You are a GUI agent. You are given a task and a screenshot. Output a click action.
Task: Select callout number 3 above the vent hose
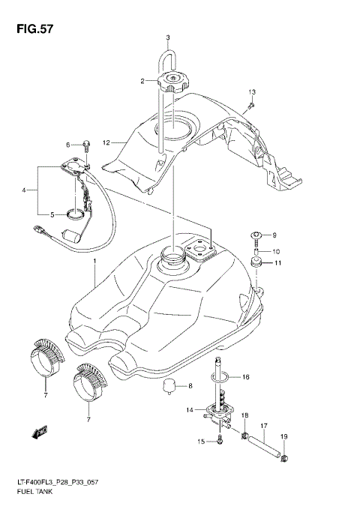[168, 37]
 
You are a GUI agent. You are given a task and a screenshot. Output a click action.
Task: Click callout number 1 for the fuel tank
[94, 262]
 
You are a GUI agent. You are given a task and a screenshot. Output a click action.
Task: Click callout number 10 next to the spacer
[276, 251]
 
